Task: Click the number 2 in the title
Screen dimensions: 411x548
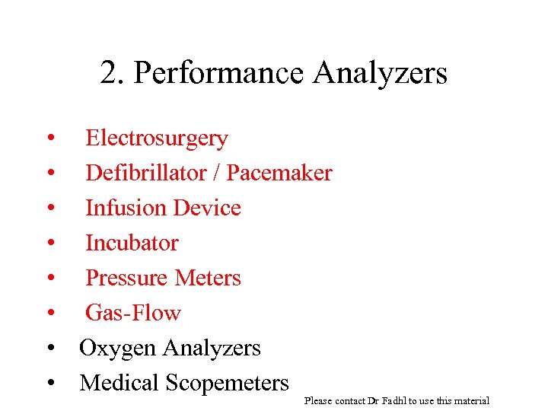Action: pos(110,73)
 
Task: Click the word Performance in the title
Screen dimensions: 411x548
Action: pos(217,74)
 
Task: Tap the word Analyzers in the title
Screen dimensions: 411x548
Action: pos(378,74)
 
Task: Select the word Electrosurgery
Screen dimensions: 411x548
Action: pos(156,139)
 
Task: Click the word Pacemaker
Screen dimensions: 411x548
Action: pos(279,173)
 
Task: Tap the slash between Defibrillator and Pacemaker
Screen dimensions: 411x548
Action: pos(218,173)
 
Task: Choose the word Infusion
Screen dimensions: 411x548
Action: pos(126,208)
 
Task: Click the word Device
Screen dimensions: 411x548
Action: pos(207,208)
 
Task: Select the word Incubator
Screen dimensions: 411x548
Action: pos(132,243)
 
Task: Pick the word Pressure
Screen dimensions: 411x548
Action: pos(126,278)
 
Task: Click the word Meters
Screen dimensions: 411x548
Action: pos(206,278)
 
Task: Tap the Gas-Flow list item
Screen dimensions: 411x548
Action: pos(132,313)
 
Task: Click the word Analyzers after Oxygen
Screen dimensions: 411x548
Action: pos(212,349)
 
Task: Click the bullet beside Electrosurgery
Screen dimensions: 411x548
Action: pos(50,139)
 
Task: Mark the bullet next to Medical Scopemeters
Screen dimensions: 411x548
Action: pos(50,384)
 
